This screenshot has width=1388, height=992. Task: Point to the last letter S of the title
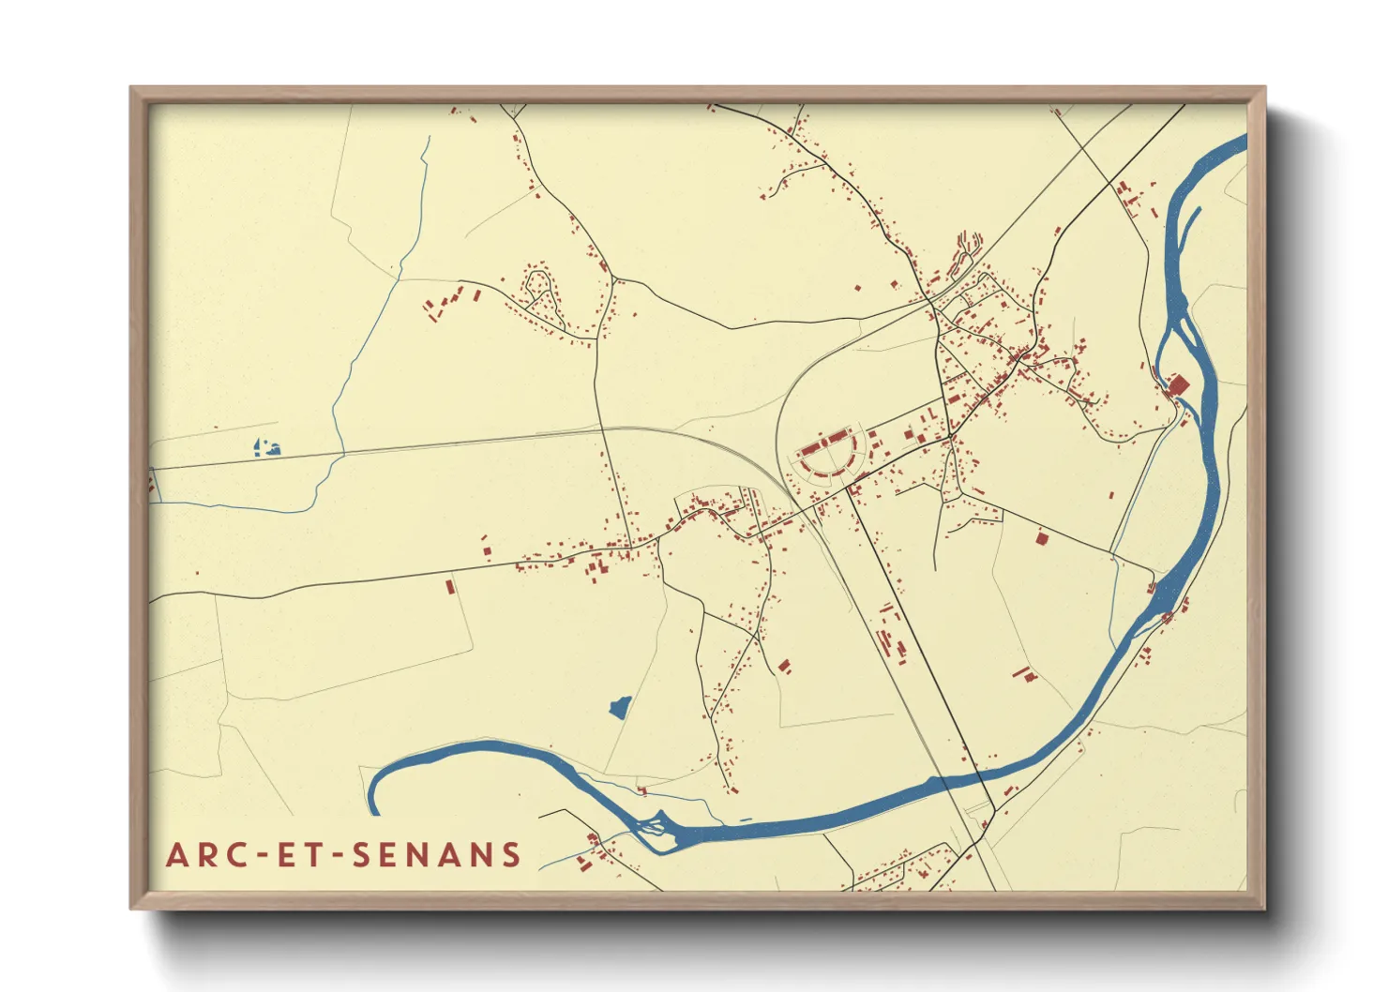[511, 854]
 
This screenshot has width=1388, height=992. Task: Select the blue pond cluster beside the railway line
[267, 447]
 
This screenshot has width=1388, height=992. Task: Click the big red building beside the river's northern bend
[1178, 385]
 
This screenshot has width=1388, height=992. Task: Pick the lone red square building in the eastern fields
[1042, 538]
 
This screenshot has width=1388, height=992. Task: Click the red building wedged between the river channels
[1168, 617]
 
